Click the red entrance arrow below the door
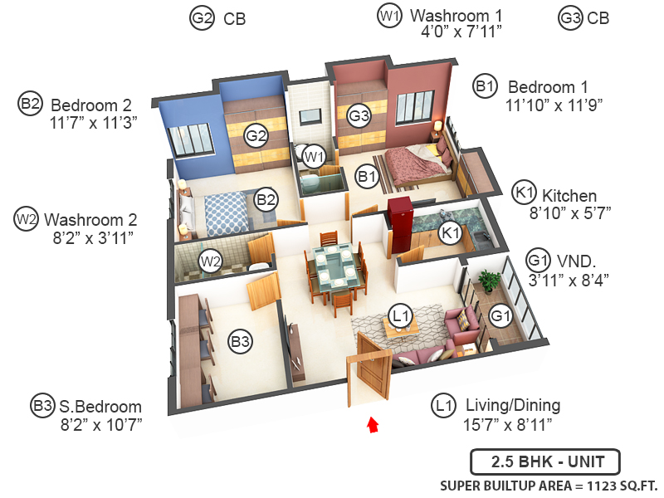pyautogui.click(x=373, y=425)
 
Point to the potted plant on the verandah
pyautogui.click(x=490, y=281)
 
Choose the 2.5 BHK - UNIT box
pyautogui.click(x=544, y=461)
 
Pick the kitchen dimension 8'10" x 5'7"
pyautogui.click(x=570, y=212)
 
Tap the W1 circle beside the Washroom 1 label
pyautogui.click(x=389, y=16)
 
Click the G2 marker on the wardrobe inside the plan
pyautogui.click(x=256, y=135)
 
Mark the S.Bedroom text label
pyautogui.click(x=100, y=408)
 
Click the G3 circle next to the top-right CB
pyautogui.click(x=570, y=17)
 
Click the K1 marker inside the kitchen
pyautogui.click(x=451, y=235)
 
